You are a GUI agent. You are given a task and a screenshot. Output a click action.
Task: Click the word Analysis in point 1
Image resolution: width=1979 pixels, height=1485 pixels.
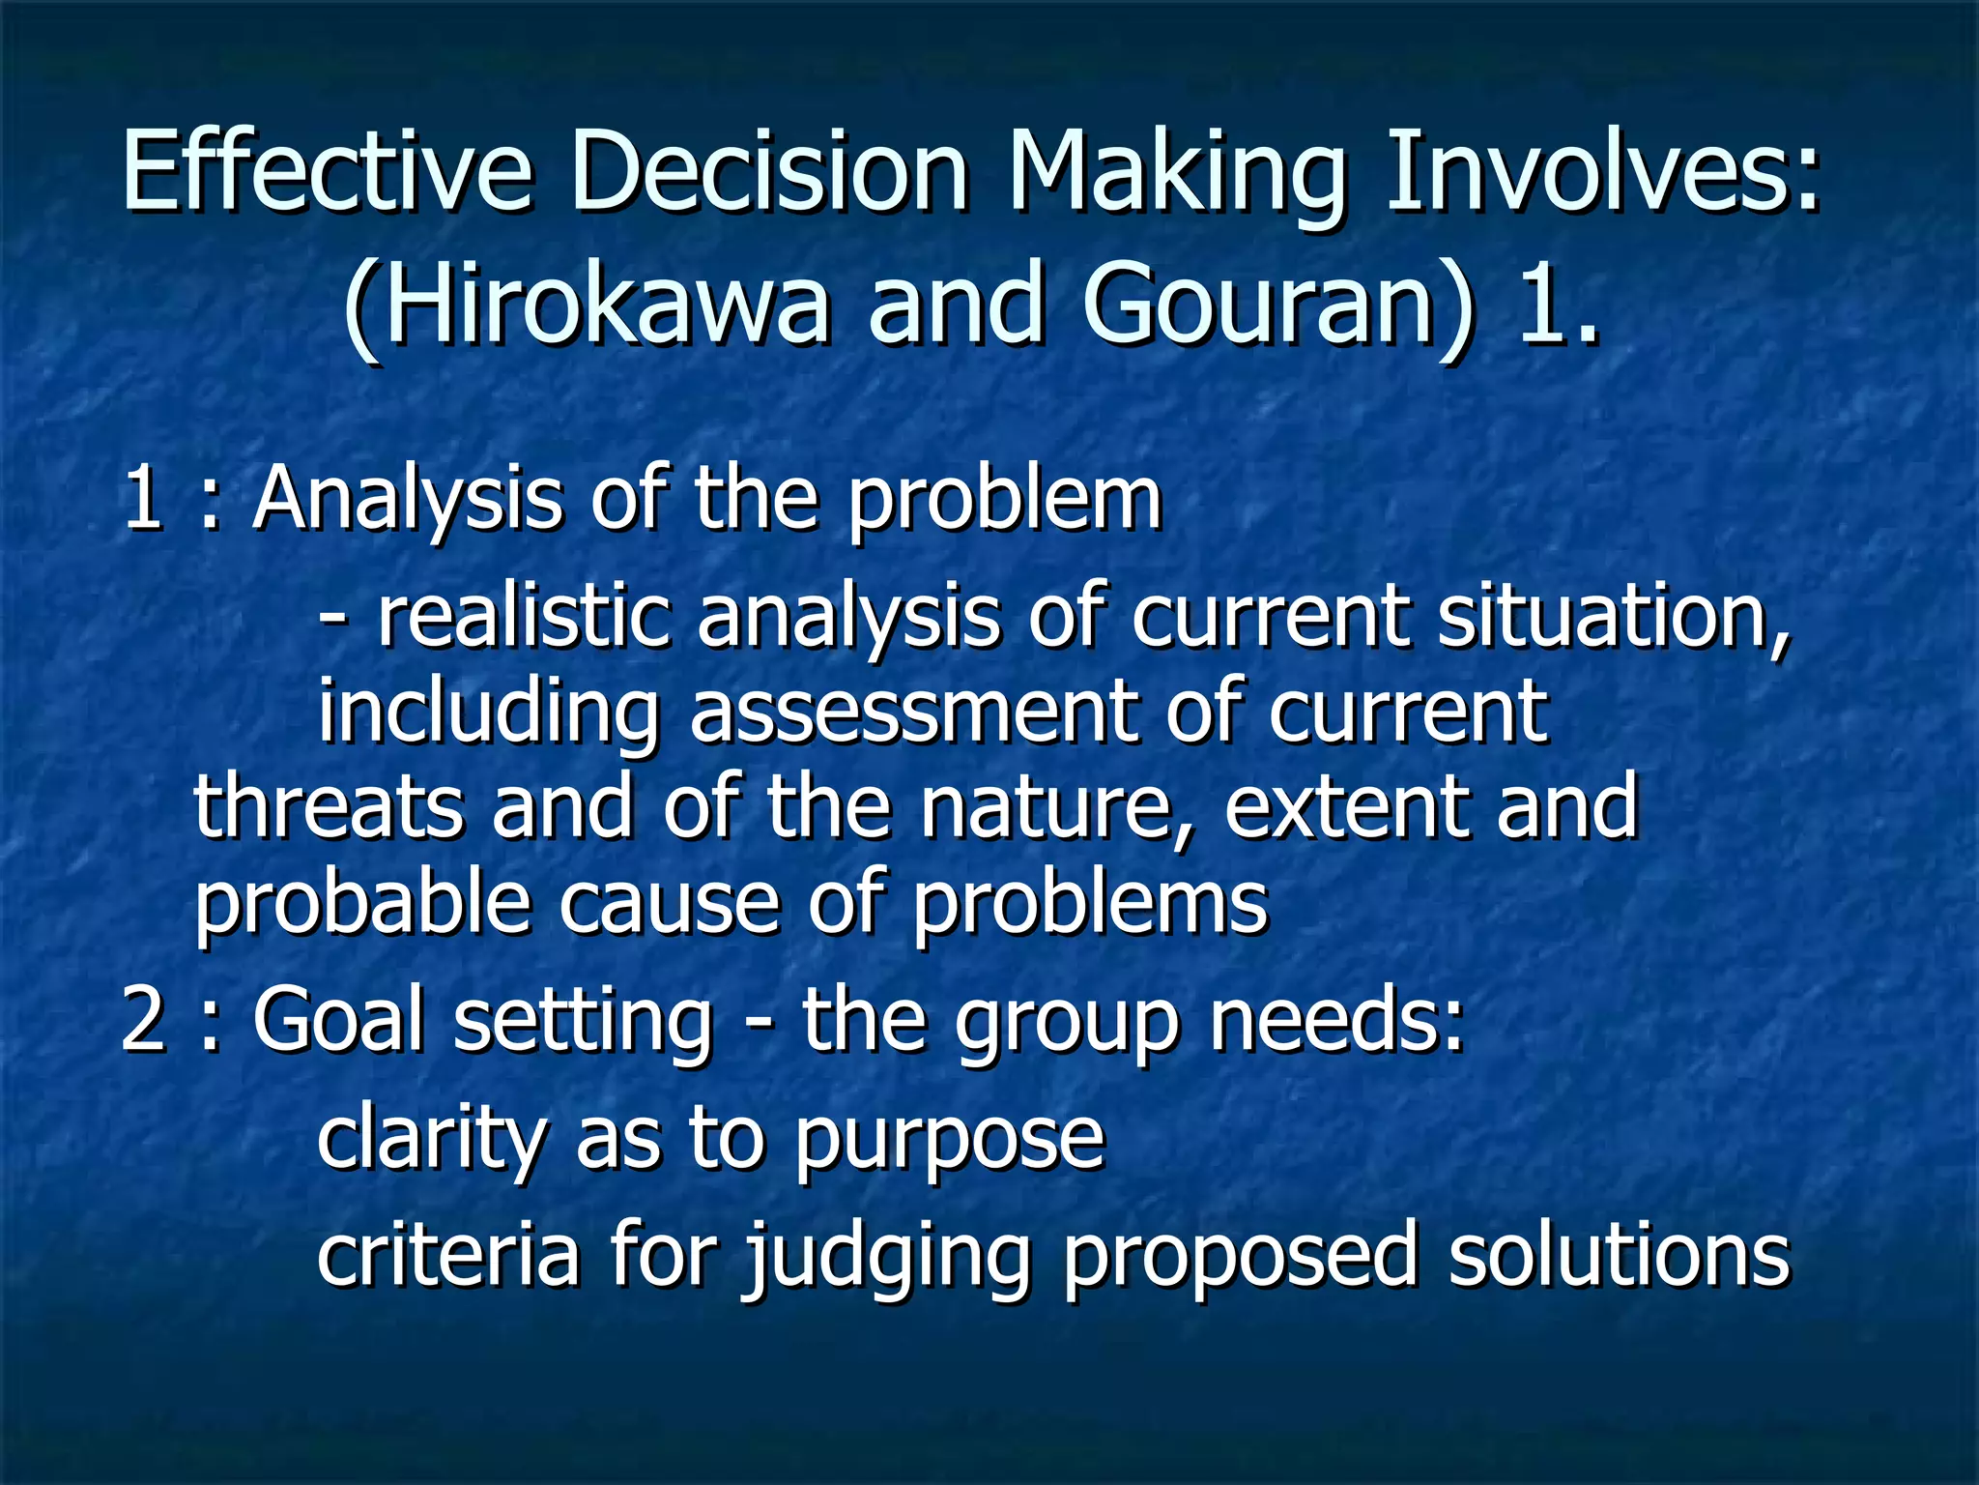(x=407, y=501)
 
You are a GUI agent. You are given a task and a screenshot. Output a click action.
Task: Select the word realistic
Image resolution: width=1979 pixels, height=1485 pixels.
(x=523, y=619)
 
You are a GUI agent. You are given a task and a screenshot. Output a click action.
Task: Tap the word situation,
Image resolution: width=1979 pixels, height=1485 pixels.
(x=1613, y=619)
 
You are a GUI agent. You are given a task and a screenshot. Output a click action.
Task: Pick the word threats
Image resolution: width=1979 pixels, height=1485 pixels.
(x=328, y=808)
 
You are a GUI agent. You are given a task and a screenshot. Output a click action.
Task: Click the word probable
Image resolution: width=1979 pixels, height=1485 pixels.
(x=362, y=905)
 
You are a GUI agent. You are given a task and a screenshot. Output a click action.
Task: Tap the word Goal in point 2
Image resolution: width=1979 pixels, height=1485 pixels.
(x=338, y=1023)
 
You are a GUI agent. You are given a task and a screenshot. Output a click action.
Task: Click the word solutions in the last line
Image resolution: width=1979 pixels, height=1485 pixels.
(x=1619, y=1257)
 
